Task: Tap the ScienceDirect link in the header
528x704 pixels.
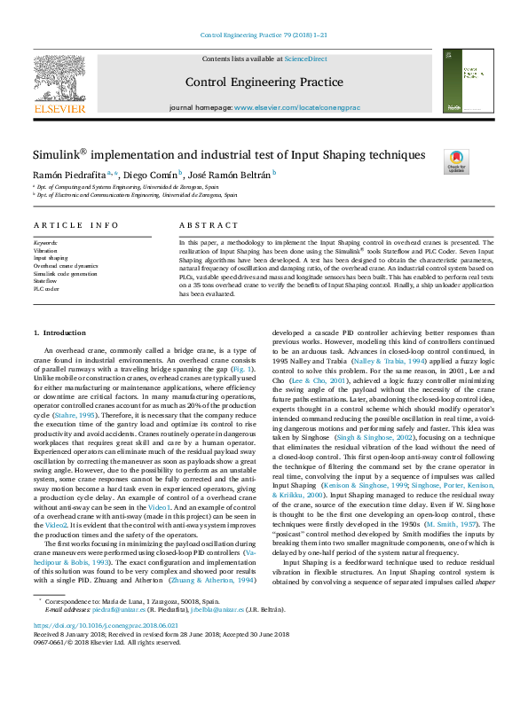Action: click(x=305, y=59)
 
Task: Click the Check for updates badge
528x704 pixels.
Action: click(x=456, y=161)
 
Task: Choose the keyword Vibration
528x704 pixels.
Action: click(x=45, y=250)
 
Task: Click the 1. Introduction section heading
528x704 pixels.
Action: click(x=59, y=332)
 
